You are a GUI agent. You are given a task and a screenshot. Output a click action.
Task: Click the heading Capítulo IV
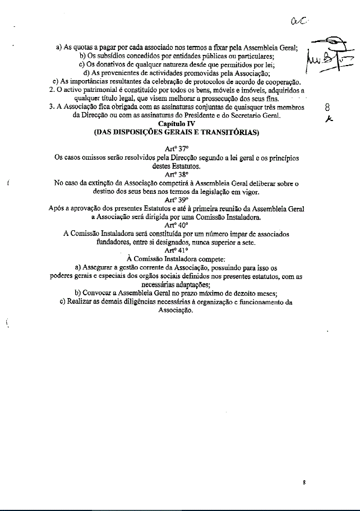click(x=176, y=123)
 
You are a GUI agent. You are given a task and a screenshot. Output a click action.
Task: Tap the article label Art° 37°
click(x=176, y=150)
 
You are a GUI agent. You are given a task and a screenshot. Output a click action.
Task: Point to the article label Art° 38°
click(x=176, y=174)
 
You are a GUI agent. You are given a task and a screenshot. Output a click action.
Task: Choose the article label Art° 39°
click(x=176, y=199)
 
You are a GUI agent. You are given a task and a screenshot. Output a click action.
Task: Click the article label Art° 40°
click(x=176, y=225)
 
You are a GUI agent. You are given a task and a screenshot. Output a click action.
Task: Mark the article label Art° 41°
click(x=176, y=250)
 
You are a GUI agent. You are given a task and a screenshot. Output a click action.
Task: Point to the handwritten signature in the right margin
click(x=326, y=56)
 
